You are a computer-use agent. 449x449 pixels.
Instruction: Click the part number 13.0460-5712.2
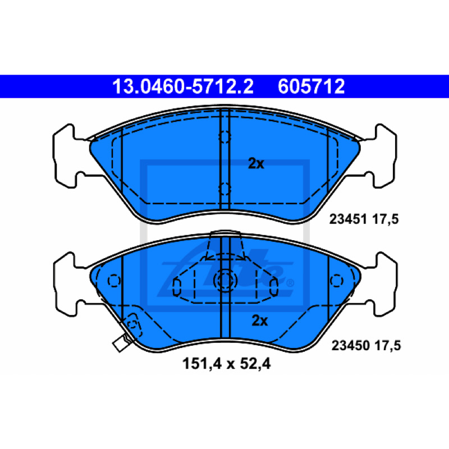(x=183, y=86)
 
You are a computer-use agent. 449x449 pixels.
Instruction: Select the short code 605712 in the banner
(x=311, y=86)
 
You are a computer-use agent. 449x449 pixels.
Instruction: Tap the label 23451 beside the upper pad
(x=348, y=219)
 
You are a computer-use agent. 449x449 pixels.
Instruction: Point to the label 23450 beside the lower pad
(x=350, y=345)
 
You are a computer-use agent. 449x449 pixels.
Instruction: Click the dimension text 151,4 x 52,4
(x=226, y=364)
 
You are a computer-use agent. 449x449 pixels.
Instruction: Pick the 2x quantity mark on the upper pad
(x=256, y=163)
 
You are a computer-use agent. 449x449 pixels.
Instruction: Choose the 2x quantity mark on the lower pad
(x=259, y=320)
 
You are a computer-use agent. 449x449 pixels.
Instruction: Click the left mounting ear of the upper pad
(x=68, y=156)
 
